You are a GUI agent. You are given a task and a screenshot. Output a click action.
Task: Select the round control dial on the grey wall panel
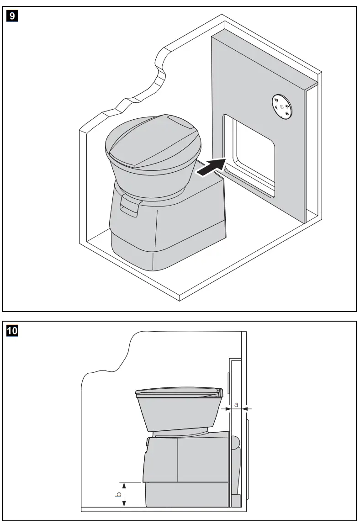(x=281, y=107)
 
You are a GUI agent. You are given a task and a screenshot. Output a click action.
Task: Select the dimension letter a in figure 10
(x=236, y=404)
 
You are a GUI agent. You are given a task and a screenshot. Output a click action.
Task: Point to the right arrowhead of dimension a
(x=247, y=409)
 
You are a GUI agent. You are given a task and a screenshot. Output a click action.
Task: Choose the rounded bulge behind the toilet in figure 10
(x=234, y=443)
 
